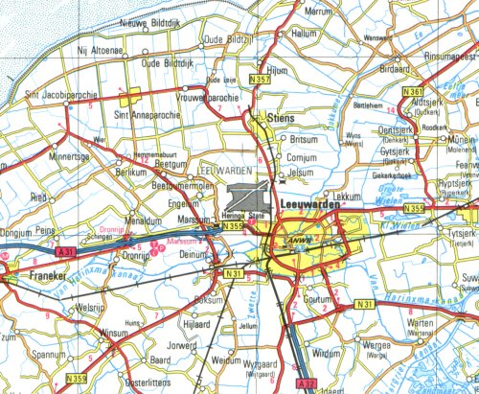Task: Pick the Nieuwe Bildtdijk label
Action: coord(152,22)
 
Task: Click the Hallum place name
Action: coord(303,32)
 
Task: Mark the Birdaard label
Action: coord(395,69)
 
